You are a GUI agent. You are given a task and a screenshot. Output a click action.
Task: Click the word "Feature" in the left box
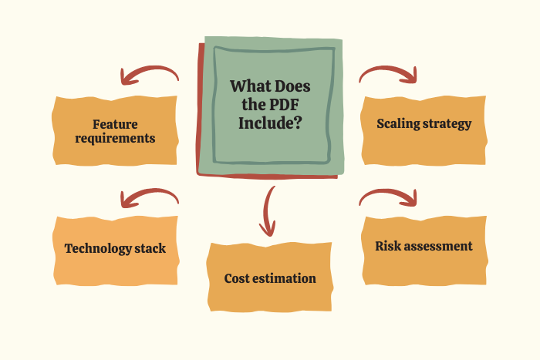(x=115, y=124)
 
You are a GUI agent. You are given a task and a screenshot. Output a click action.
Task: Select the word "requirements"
(x=115, y=138)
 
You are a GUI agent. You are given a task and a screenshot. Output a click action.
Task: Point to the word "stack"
(x=150, y=248)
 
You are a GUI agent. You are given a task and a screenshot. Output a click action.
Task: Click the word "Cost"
(x=237, y=278)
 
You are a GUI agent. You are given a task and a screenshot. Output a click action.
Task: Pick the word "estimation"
(x=284, y=278)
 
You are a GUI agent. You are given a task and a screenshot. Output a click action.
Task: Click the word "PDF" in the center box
(x=284, y=105)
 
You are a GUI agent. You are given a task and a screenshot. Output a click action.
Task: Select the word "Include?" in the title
(x=270, y=123)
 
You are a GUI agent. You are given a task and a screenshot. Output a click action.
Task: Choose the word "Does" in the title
(x=292, y=86)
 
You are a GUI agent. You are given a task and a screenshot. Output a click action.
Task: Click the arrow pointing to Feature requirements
(x=148, y=68)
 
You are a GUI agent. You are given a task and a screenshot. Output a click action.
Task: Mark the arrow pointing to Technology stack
(x=148, y=190)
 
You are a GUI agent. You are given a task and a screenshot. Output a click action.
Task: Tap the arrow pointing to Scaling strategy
(x=389, y=68)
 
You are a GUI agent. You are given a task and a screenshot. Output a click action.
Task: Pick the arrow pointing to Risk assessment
(x=389, y=190)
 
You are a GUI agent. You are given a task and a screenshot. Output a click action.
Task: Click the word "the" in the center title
(x=254, y=105)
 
